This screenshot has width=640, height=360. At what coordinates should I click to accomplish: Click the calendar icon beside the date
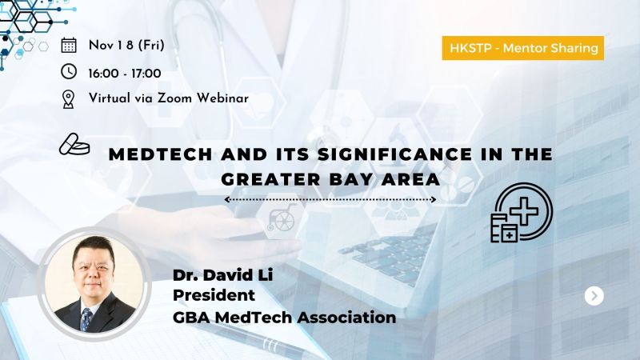pyautogui.click(x=69, y=45)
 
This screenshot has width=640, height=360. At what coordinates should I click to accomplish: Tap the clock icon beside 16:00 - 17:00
pyautogui.click(x=69, y=71)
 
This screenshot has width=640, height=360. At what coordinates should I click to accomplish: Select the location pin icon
pyautogui.click(x=68, y=99)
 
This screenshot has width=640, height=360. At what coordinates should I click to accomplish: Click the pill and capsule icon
pyautogui.click(x=74, y=145)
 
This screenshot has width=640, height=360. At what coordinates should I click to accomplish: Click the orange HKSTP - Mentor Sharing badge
pyautogui.click(x=523, y=48)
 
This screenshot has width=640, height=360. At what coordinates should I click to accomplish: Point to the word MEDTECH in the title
pyautogui.click(x=161, y=154)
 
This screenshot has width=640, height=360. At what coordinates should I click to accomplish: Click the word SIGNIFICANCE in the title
pyautogui.click(x=394, y=154)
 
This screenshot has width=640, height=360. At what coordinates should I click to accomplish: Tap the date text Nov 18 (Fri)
pyautogui.click(x=126, y=45)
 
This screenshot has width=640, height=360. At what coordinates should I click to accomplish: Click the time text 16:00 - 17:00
pyautogui.click(x=125, y=74)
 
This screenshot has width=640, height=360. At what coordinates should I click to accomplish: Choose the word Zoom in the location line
pyautogui.click(x=174, y=98)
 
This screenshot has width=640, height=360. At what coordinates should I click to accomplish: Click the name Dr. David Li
pyautogui.click(x=223, y=274)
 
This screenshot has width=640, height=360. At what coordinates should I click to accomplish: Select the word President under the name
pyautogui.click(x=214, y=295)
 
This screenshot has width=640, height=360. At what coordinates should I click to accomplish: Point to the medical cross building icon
pyautogui.click(x=522, y=213)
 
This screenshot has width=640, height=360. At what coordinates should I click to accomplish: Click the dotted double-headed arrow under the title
pyautogui.click(x=330, y=199)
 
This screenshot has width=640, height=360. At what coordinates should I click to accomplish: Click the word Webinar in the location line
pyautogui.click(x=222, y=98)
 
